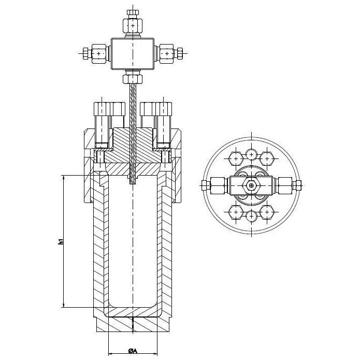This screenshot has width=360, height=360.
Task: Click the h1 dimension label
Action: [x=61, y=241]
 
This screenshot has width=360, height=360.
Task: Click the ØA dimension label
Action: [x=133, y=351]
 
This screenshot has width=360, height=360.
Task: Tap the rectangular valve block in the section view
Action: [x=133, y=53]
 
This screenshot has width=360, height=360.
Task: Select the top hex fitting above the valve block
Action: [x=133, y=25]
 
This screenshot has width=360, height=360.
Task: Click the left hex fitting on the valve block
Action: [x=99, y=53]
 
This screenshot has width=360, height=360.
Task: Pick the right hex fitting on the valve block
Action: [x=166, y=53]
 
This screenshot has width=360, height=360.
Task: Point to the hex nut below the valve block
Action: [x=133, y=79]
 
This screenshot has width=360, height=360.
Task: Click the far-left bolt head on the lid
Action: [x=102, y=109]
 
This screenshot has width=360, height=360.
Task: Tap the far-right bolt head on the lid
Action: [x=164, y=109]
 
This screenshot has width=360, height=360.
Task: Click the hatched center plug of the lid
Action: [x=133, y=145]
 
